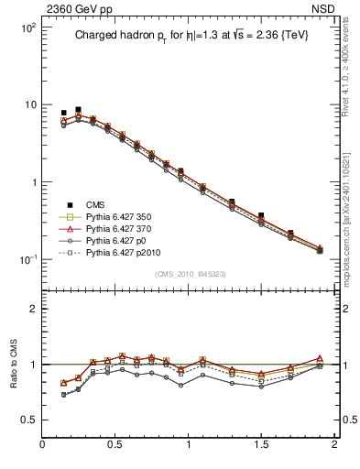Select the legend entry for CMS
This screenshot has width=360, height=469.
[96, 204]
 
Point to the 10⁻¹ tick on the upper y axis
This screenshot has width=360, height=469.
[27, 259]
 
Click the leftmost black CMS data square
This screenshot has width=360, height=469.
[63, 113]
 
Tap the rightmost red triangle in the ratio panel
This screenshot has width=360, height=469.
[320, 358]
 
